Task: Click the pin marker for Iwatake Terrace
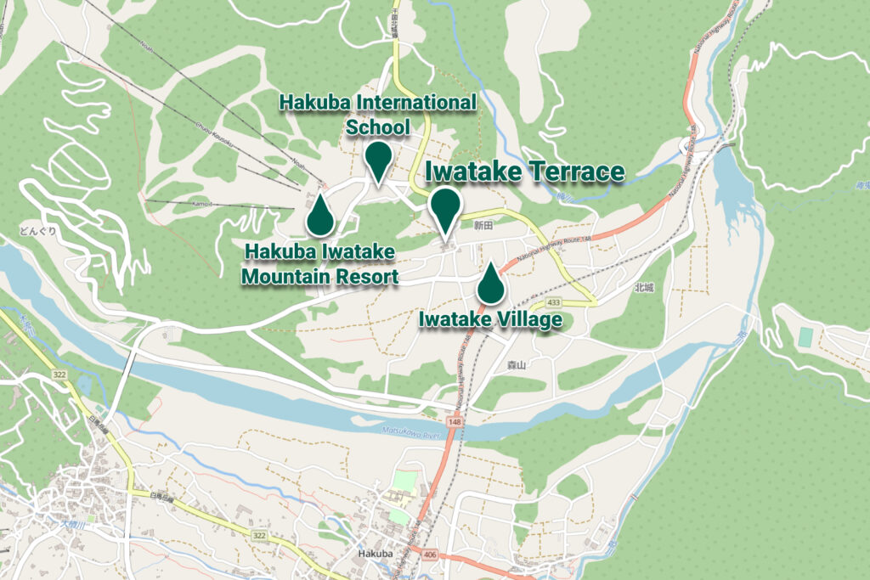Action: (x=444, y=208)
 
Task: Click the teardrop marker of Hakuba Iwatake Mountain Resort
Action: (x=319, y=217)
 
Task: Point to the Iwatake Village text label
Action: (x=490, y=320)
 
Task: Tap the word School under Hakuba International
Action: (x=378, y=127)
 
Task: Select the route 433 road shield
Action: (x=554, y=302)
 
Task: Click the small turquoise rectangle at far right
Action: (x=805, y=336)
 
